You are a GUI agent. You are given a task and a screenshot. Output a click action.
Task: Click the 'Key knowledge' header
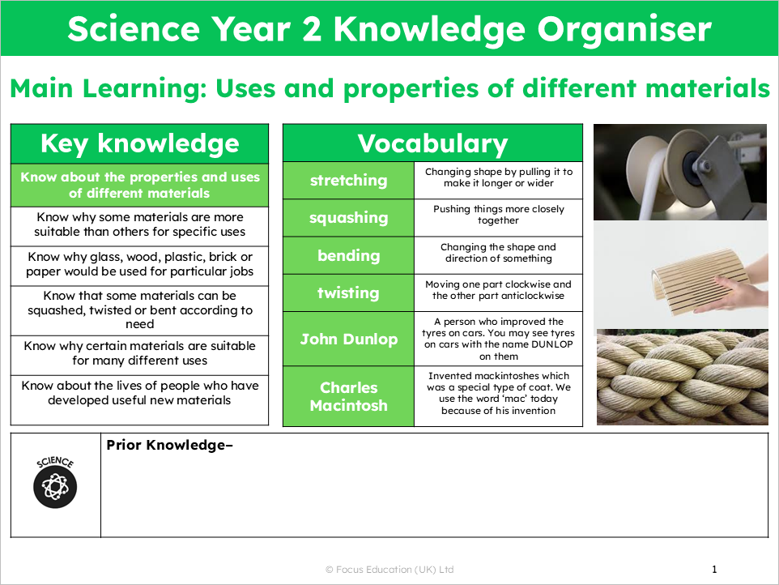139,143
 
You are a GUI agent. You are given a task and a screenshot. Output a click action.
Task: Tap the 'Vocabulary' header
432,143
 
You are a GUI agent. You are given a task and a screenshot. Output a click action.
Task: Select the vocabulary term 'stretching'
348,181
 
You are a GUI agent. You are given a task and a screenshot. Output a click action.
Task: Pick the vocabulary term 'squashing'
348,218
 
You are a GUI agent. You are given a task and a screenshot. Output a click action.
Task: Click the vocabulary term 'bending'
348,255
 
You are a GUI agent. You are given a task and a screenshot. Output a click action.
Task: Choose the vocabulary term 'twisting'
348,292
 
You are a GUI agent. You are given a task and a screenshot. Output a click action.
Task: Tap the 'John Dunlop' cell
349,339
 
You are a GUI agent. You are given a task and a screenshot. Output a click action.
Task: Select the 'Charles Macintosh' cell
349,396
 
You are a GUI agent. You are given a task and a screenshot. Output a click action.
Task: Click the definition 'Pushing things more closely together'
498,215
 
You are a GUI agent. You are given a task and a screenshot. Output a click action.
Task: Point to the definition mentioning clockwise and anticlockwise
498,290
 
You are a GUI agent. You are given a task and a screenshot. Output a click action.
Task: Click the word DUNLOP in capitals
552,344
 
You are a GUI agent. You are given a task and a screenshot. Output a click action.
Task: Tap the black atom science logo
55,487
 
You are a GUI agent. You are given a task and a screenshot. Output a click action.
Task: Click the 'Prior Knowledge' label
169,445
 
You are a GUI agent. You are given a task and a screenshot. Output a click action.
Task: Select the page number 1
714,569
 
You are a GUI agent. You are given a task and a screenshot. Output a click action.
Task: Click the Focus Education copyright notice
389,570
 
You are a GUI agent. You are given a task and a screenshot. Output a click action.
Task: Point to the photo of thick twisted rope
682,377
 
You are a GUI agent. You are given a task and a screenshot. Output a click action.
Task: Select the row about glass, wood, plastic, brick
139,264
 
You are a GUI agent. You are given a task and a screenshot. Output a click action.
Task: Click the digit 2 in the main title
312,29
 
